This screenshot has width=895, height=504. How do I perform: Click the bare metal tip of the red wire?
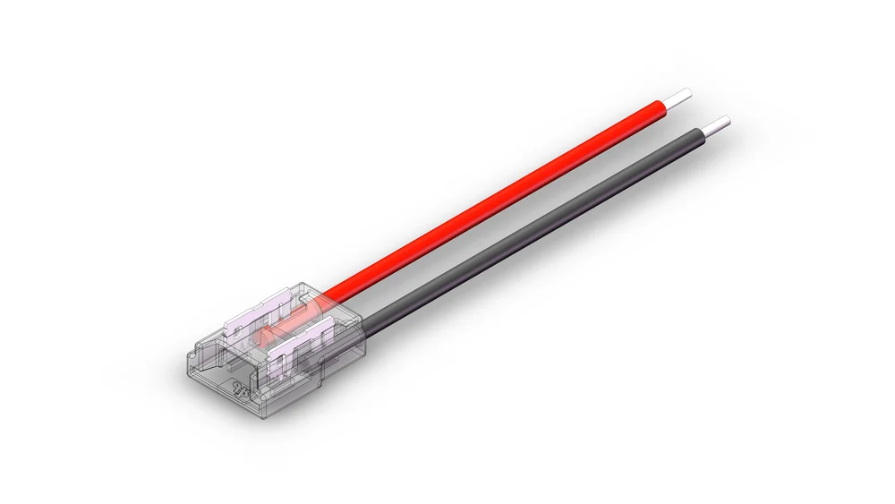(682, 95)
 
